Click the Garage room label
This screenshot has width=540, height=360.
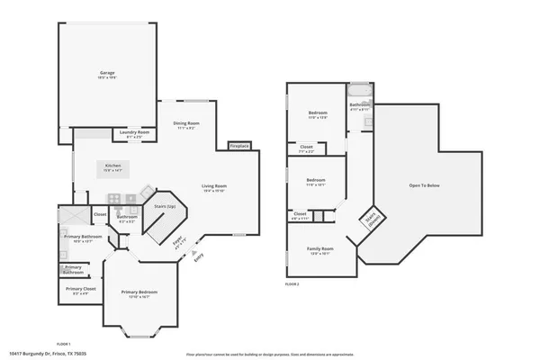tap(108, 74)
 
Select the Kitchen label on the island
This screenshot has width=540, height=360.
tap(113, 166)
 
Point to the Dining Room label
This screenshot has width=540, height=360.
tap(186, 124)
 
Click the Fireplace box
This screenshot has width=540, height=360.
tap(239, 145)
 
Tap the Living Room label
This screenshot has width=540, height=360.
tap(213, 187)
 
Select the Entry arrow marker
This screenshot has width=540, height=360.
tap(195, 258)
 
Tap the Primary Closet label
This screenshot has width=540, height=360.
tap(80, 290)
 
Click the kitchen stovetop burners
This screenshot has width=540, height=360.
tap(114, 199)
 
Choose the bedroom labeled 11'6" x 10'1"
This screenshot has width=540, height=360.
tap(315, 181)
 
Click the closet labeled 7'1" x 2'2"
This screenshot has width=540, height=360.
tap(306, 148)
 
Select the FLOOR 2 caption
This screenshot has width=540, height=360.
tap(292, 283)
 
